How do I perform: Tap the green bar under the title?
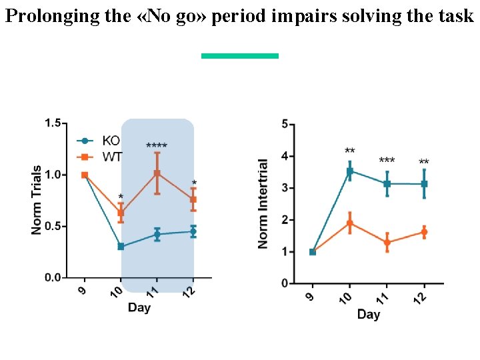[240, 56]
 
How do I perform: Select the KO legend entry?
[110, 141]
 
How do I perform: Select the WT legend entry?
[111, 157]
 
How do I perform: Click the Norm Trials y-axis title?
[37, 200]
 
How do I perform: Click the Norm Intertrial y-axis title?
[263, 204]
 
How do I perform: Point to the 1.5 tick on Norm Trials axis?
[53, 123]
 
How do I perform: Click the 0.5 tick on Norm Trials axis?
[53, 226]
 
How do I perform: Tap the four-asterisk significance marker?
[157, 146]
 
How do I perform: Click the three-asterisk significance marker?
[387, 161]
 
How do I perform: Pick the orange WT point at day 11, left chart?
[157, 173]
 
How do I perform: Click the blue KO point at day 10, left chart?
[121, 247]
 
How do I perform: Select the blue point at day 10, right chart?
[349, 171]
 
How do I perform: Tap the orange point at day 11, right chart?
[387, 243]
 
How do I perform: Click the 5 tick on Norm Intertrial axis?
[285, 124]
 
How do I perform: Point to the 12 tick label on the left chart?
[191, 291]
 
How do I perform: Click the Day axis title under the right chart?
[368, 314]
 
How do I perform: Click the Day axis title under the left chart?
[139, 307]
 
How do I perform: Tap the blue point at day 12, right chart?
[424, 183]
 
